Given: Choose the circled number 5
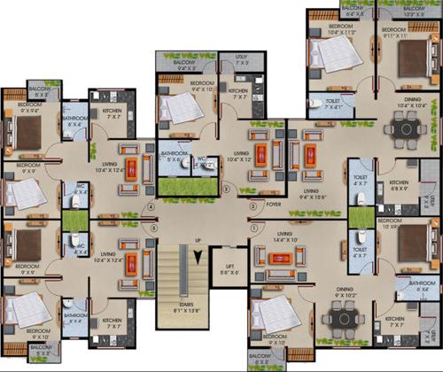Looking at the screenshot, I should tap(155, 228).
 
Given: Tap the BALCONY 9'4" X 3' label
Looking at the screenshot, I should tap(183, 65).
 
